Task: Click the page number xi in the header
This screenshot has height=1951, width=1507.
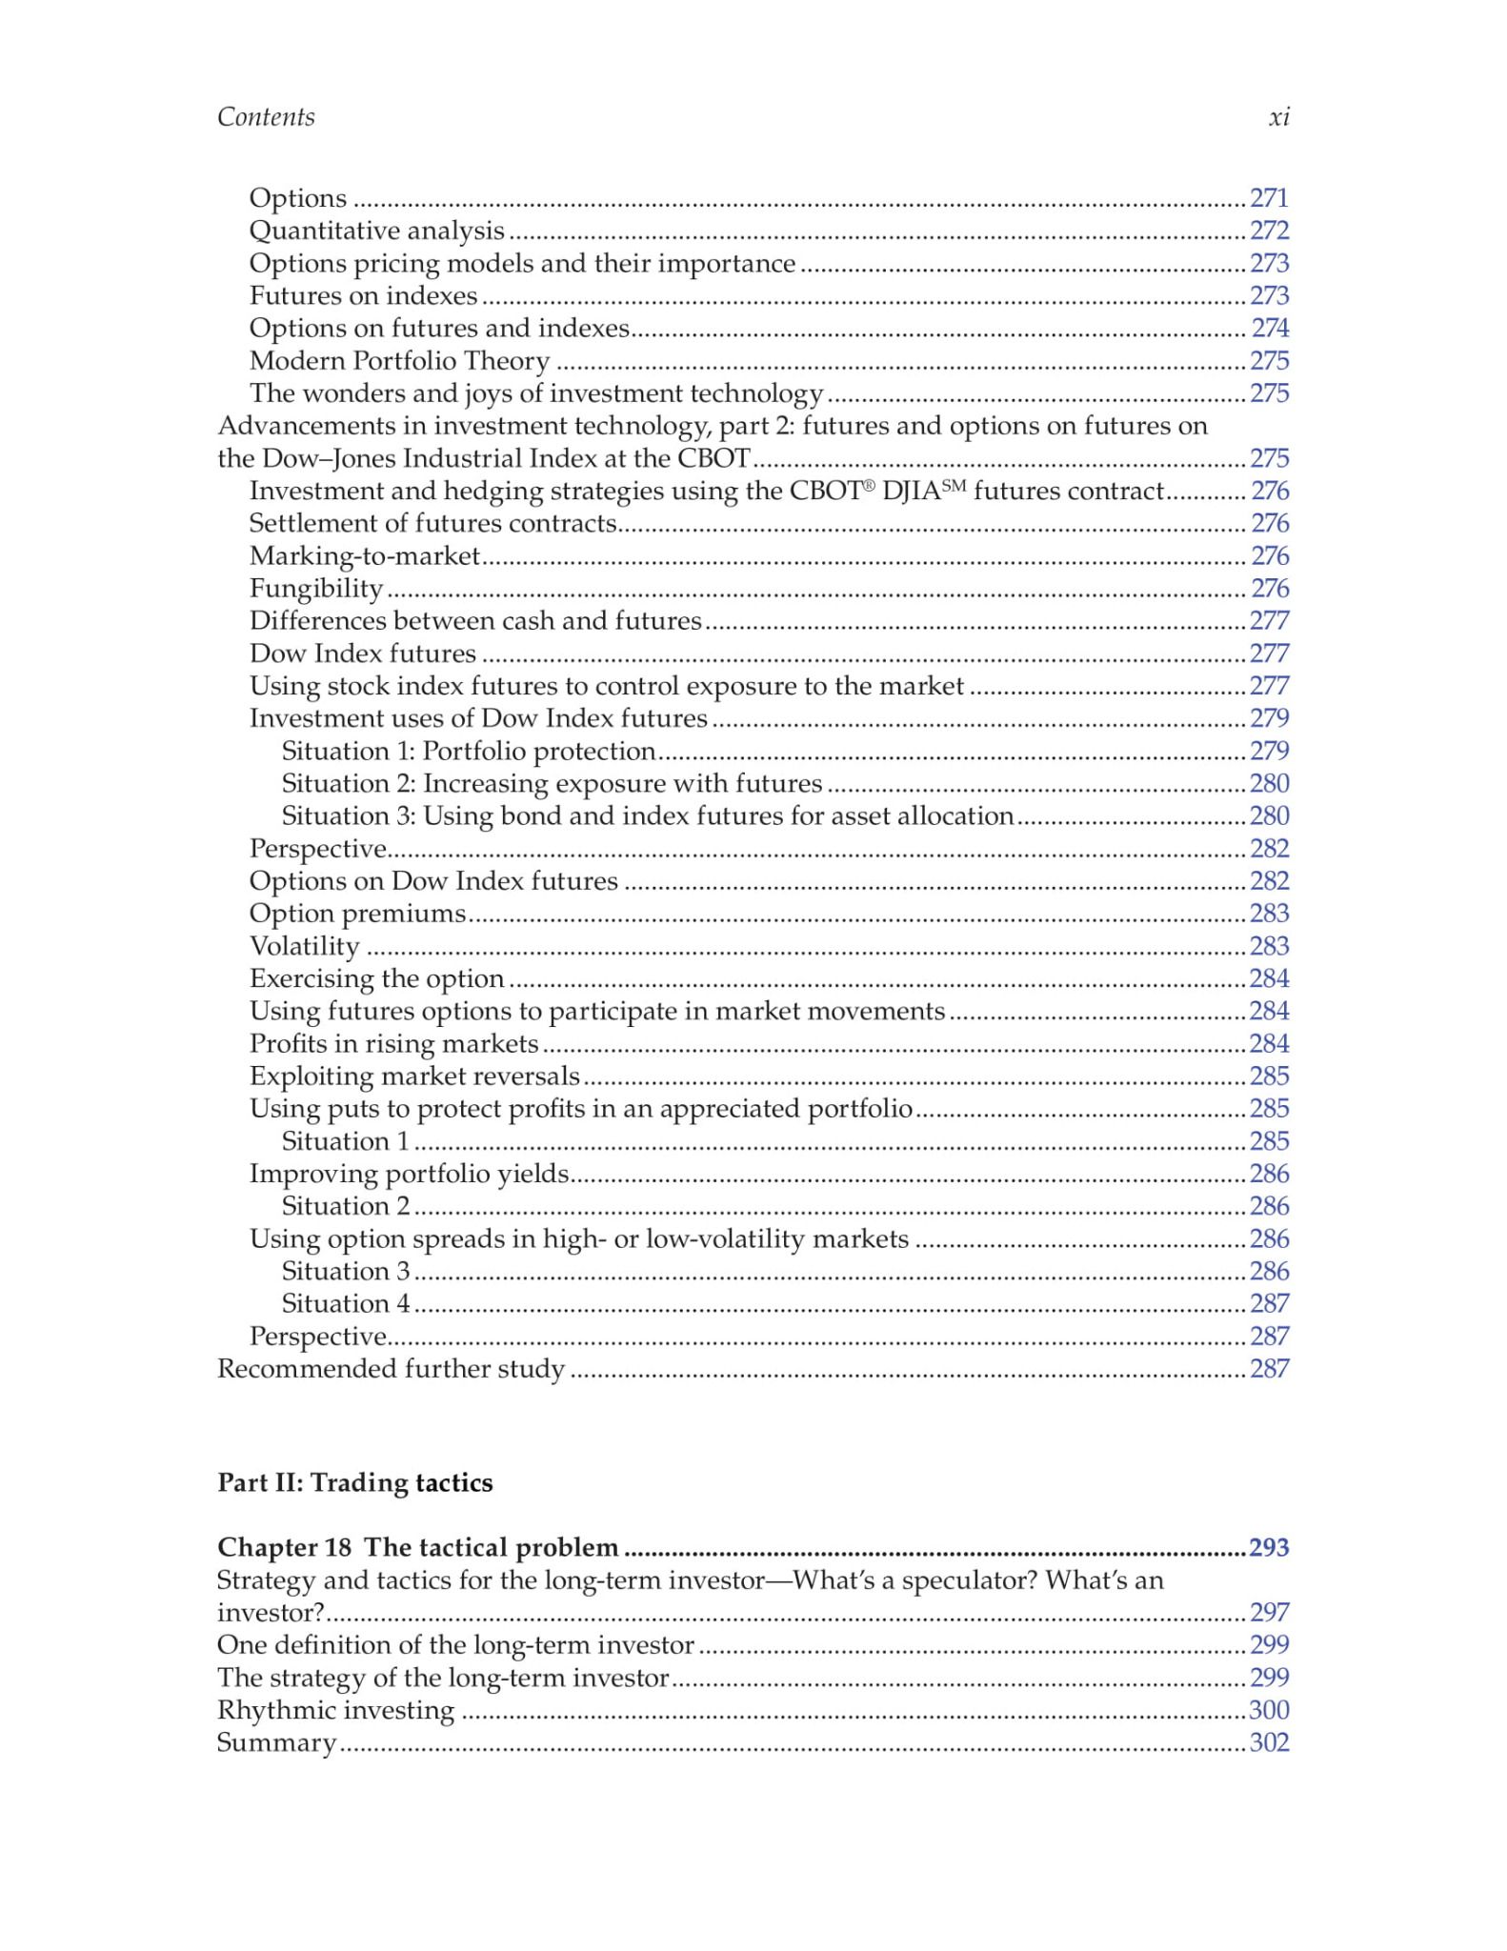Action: tap(1278, 117)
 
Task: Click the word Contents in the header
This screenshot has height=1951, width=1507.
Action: tap(266, 117)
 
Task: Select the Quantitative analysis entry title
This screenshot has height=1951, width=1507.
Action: tap(376, 231)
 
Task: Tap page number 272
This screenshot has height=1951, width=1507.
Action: tap(1269, 231)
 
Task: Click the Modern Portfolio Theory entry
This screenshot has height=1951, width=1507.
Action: tap(399, 361)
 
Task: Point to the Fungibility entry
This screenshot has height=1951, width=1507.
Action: tap(315, 589)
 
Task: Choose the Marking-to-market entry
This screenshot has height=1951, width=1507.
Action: tap(364, 556)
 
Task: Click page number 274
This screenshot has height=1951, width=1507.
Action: tap(1269, 328)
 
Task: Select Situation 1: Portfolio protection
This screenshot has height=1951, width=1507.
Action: tap(468, 752)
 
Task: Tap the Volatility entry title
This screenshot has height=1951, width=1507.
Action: tap(304, 946)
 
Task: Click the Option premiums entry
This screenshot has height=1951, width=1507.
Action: tap(357, 914)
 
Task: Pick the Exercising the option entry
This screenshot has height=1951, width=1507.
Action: tap(376, 978)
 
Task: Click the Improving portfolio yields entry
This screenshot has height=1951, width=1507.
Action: tap(409, 1174)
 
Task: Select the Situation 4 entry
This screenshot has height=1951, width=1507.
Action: tap(345, 1303)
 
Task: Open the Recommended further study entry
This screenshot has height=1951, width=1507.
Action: tap(391, 1369)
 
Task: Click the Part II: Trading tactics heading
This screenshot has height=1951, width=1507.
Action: tap(354, 1483)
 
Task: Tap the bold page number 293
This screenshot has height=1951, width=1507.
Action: tap(1269, 1548)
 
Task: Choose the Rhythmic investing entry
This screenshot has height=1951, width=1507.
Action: tap(335, 1710)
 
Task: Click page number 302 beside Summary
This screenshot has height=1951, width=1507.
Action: tap(1269, 1742)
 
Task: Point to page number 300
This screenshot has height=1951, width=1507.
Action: tap(1269, 1710)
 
